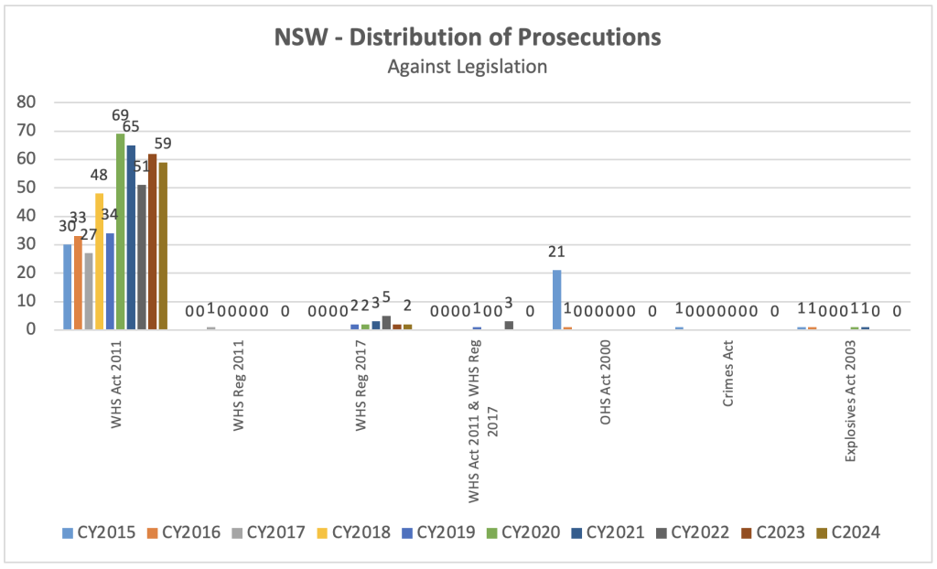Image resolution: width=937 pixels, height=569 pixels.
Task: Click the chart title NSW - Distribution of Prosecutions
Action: click(x=468, y=38)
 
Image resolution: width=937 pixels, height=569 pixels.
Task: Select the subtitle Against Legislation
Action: click(x=468, y=67)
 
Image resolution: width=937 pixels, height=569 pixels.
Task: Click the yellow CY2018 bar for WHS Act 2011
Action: click(x=99, y=262)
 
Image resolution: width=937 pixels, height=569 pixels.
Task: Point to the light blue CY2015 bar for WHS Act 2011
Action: click(x=68, y=286)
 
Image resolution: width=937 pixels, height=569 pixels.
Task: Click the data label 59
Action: click(x=163, y=144)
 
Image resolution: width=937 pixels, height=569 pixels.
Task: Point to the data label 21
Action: click(x=556, y=252)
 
